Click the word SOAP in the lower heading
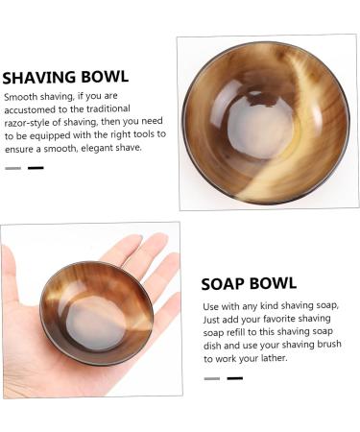pos(224,284)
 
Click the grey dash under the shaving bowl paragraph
pos(12,168)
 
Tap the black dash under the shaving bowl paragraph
pos(36,168)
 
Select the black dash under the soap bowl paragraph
pos(234,378)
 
